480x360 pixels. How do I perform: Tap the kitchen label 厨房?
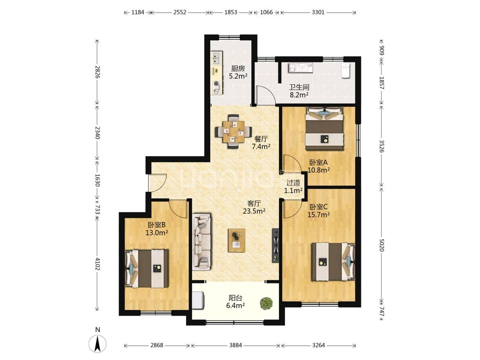(x=238, y=68)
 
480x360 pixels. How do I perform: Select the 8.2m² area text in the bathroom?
(x=299, y=95)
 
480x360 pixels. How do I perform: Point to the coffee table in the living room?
(x=237, y=240)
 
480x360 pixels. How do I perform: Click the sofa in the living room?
(x=202, y=242)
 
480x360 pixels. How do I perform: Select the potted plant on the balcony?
(x=266, y=303)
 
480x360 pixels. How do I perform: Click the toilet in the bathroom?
(x=346, y=70)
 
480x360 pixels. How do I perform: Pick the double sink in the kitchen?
(x=217, y=58)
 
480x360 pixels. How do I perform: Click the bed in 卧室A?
(x=325, y=128)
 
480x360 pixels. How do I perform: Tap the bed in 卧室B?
(x=147, y=268)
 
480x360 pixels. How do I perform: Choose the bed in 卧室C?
(x=333, y=262)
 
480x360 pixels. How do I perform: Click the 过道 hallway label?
(x=293, y=183)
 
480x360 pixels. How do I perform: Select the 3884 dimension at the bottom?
(x=236, y=345)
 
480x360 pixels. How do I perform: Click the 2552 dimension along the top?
(x=180, y=12)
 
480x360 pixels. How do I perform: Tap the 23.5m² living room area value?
(x=254, y=211)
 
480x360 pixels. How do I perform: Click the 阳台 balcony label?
(x=236, y=298)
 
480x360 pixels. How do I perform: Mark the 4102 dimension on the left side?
(x=97, y=264)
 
